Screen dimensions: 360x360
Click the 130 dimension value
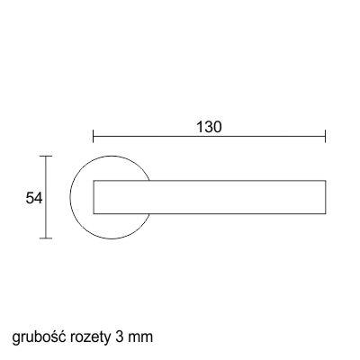209,127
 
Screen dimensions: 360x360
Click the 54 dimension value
34,198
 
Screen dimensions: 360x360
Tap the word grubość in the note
39,337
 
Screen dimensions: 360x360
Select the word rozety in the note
90,338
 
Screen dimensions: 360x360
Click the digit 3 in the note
119,337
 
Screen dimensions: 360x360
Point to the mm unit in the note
140,338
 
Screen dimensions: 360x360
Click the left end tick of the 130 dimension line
94,136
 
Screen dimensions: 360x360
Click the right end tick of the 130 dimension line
326,136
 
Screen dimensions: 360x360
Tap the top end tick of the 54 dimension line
46,157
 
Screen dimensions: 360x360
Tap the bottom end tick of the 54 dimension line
46,238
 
